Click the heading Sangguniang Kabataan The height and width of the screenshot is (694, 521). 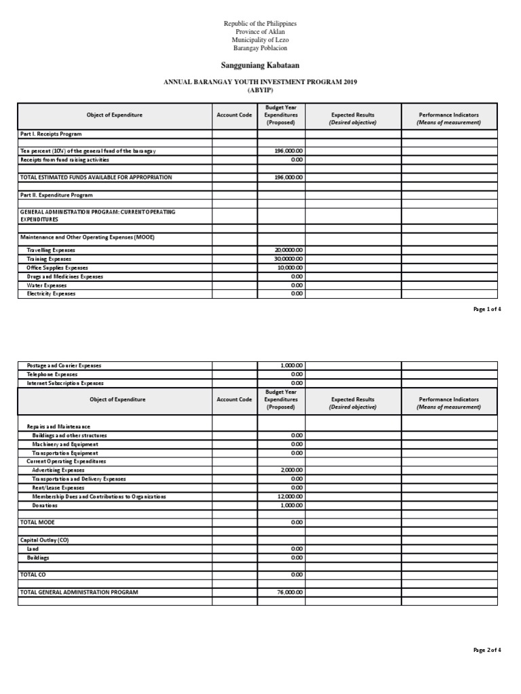(260, 65)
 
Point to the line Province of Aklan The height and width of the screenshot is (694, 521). (260, 32)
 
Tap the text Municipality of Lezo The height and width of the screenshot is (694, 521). (260, 40)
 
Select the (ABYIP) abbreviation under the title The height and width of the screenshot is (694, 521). (260, 91)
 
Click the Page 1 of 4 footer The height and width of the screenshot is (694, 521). (487, 309)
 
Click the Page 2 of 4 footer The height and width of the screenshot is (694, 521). (487, 650)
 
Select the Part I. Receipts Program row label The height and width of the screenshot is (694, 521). (51, 134)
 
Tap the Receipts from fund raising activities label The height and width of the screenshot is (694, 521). (64, 160)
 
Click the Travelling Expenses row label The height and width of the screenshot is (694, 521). (52, 250)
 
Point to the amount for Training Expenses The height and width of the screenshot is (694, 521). (288, 259)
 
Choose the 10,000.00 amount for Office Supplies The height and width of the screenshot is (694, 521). (289, 268)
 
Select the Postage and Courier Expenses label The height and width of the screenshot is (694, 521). (64, 365)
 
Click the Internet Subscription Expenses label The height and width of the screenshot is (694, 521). (65, 383)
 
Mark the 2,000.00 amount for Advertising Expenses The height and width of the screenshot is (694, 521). (291, 470)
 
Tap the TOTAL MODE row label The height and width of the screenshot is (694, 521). (37, 523)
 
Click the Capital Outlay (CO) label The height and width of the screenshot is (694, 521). (45, 540)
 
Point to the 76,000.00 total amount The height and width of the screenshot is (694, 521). (290, 592)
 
